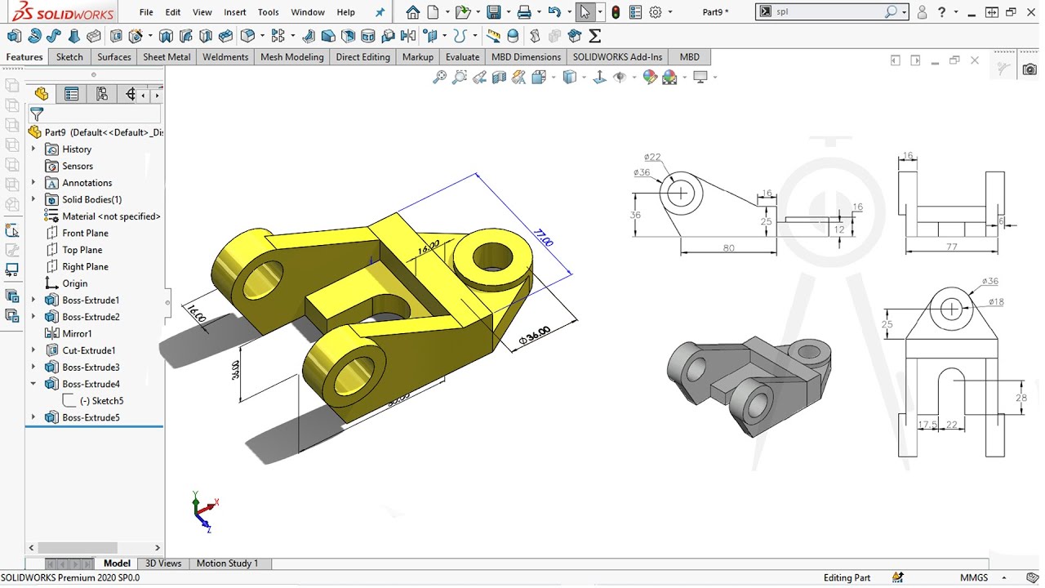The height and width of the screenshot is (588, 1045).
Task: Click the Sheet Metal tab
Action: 167,57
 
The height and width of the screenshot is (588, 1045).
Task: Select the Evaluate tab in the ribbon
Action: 462,57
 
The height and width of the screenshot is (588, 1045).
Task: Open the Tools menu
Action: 268,12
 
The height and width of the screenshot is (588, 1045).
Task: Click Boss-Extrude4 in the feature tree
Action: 91,384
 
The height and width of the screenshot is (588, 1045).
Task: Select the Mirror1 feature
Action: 77,333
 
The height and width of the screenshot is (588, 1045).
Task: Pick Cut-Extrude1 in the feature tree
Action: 88,350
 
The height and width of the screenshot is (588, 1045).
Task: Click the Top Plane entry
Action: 82,250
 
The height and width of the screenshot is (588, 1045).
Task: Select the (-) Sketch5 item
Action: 101,401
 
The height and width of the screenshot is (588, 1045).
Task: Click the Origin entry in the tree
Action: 74,283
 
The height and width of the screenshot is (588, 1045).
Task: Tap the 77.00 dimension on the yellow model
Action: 543,238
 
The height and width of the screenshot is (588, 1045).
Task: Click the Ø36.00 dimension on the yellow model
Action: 535,336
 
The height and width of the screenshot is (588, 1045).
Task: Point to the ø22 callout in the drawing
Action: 651,158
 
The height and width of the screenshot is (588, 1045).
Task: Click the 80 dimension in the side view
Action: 728,248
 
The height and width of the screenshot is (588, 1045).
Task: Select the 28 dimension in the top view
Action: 1021,398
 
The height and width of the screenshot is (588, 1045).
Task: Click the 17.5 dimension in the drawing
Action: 927,425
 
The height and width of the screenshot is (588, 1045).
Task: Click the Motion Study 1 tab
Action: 227,563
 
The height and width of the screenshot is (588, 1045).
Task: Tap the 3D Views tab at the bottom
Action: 163,563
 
